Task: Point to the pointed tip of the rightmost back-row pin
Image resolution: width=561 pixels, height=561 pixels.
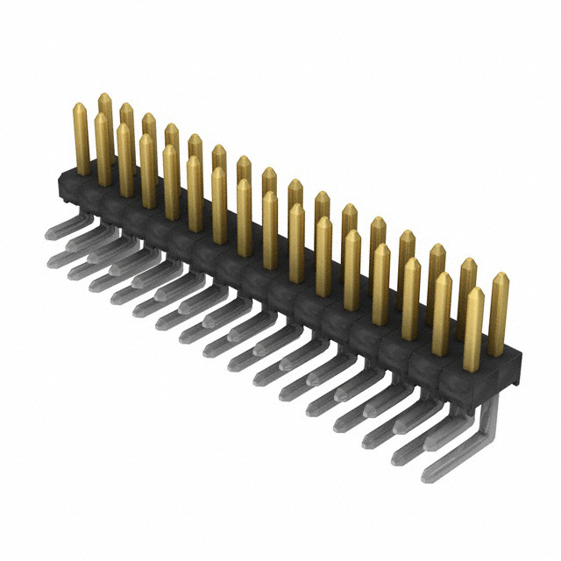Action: [501, 276]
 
